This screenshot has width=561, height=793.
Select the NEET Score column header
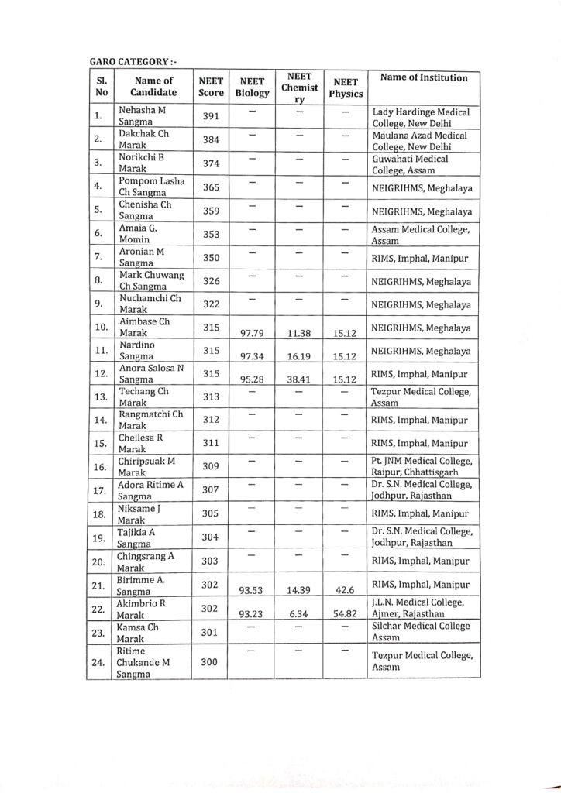coord(211,86)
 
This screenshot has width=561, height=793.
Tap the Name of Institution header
coord(424,77)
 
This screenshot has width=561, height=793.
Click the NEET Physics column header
coord(346,87)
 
